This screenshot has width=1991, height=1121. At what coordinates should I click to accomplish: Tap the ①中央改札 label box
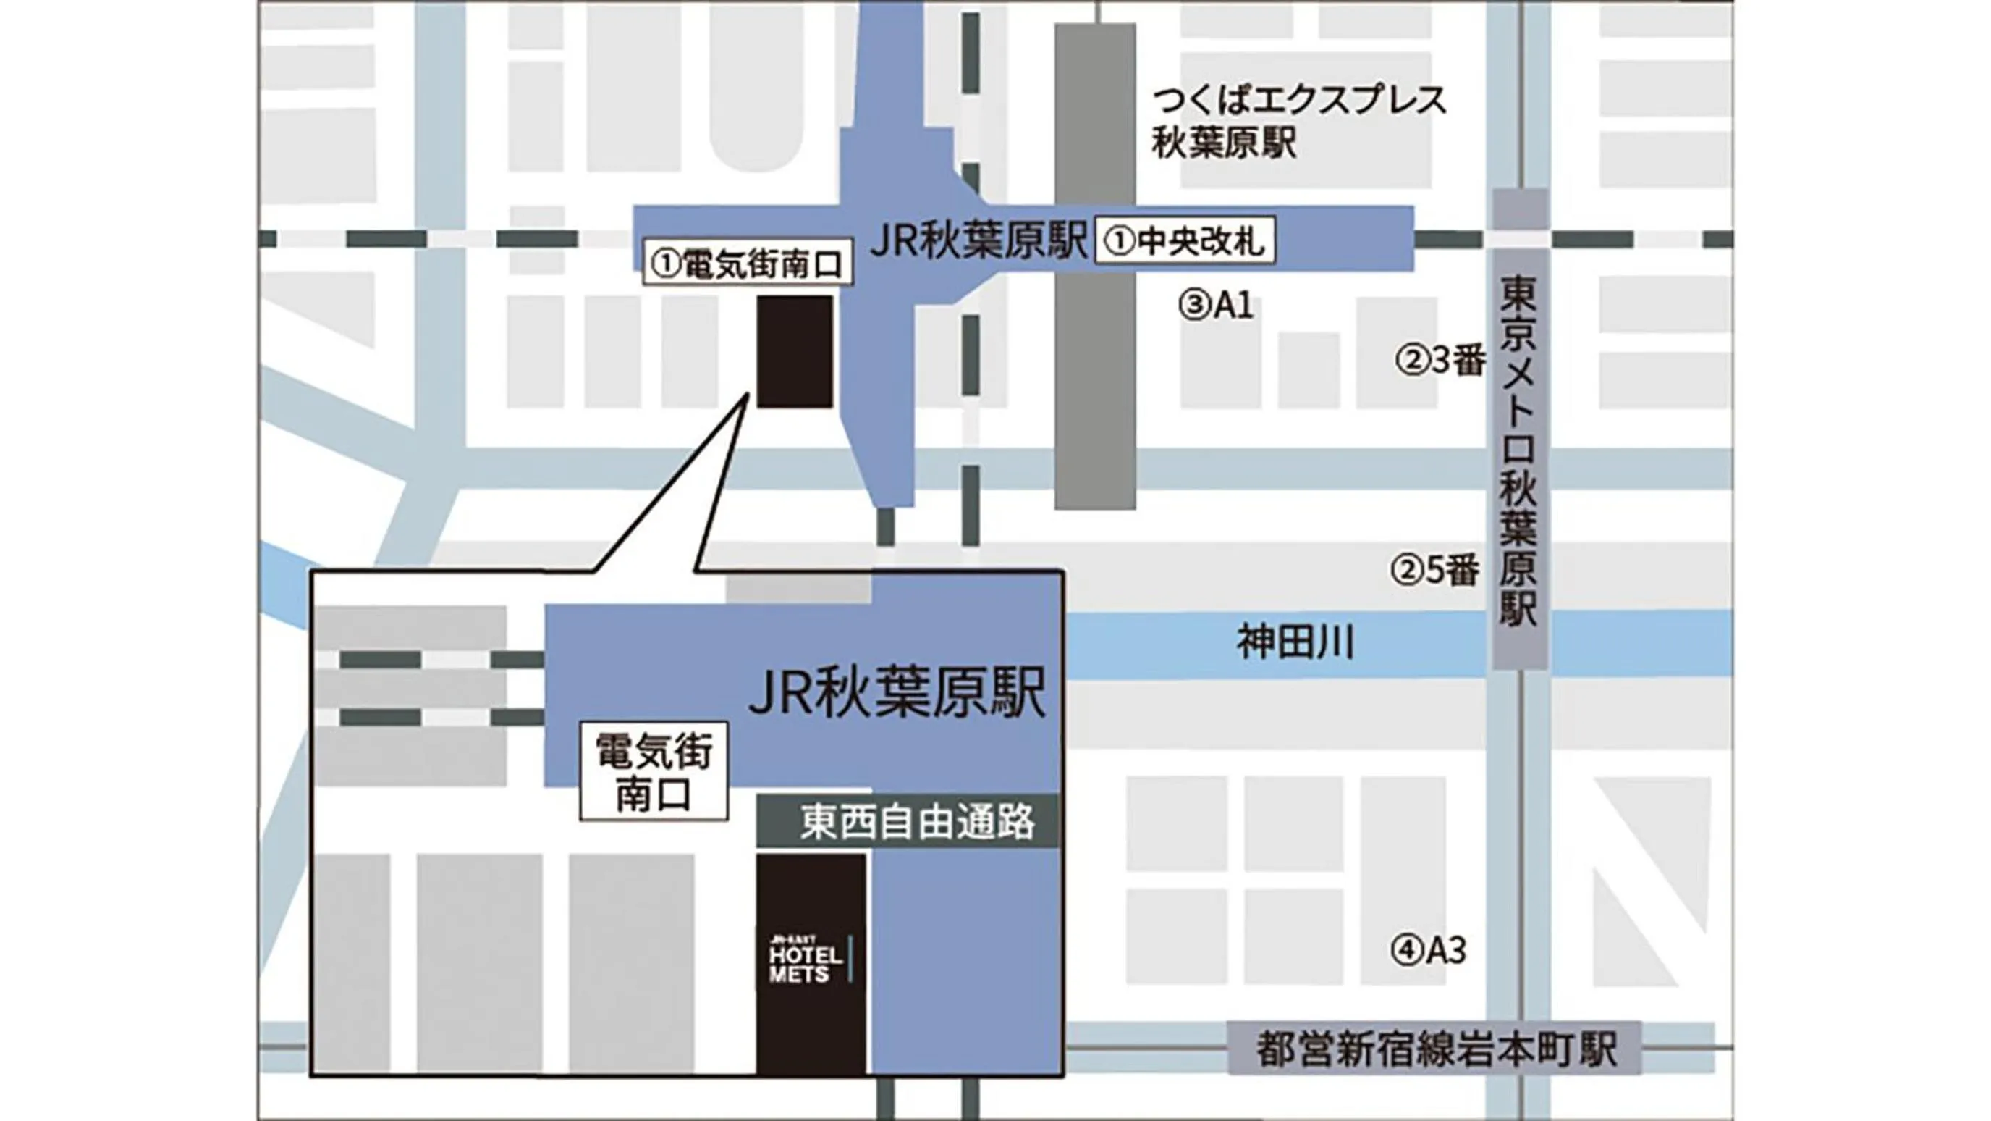click(1185, 241)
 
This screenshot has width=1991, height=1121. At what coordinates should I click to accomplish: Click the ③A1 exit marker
click(1216, 306)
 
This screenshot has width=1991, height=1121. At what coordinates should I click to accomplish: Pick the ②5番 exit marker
click(1435, 571)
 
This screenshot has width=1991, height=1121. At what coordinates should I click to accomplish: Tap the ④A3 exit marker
click(1429, 950)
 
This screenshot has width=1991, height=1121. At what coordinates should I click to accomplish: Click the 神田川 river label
click(1295, 643)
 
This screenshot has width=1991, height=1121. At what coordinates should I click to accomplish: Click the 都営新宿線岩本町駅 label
click(1435, 1049)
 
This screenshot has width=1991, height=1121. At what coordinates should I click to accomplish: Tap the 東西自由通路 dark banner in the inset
click(908, 821)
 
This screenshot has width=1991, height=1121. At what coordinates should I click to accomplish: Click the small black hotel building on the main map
click(795, 352)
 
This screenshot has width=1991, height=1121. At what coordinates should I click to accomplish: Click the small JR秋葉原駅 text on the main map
click(978, 242)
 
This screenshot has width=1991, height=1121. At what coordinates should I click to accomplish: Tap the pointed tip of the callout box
click(748, 396)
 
